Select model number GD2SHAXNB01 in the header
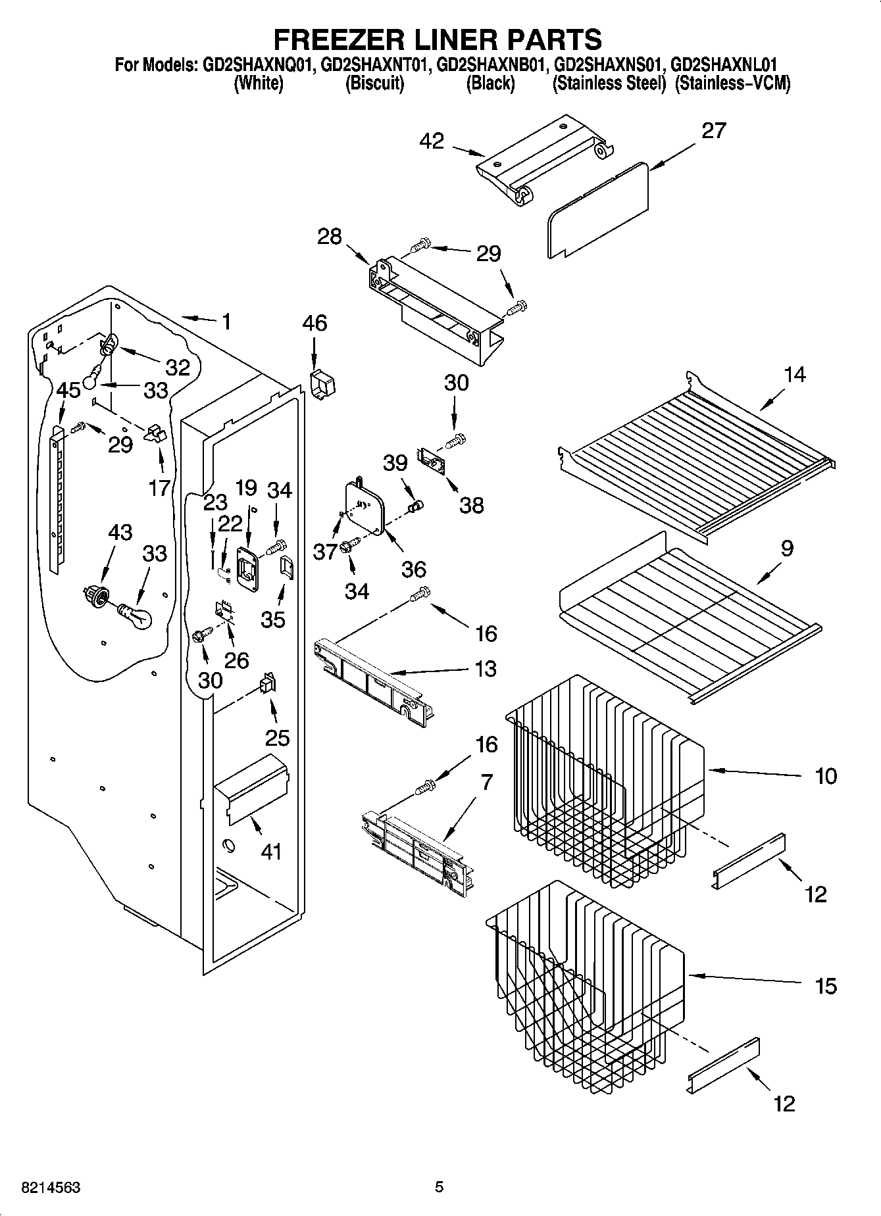coord(492,64)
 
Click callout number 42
coord(432,141)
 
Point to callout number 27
coord(713,131)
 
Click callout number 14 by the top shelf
coord(795,374)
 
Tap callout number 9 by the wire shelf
coord(787,548)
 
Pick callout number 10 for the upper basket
coord(826,776)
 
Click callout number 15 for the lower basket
coord(826,986)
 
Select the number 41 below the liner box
coord(271,852)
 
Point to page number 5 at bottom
coord(439,1188)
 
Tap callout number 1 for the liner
coord(226,322)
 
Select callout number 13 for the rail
coord(486,669)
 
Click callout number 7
coord(486,782)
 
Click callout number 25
coord(277,737)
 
